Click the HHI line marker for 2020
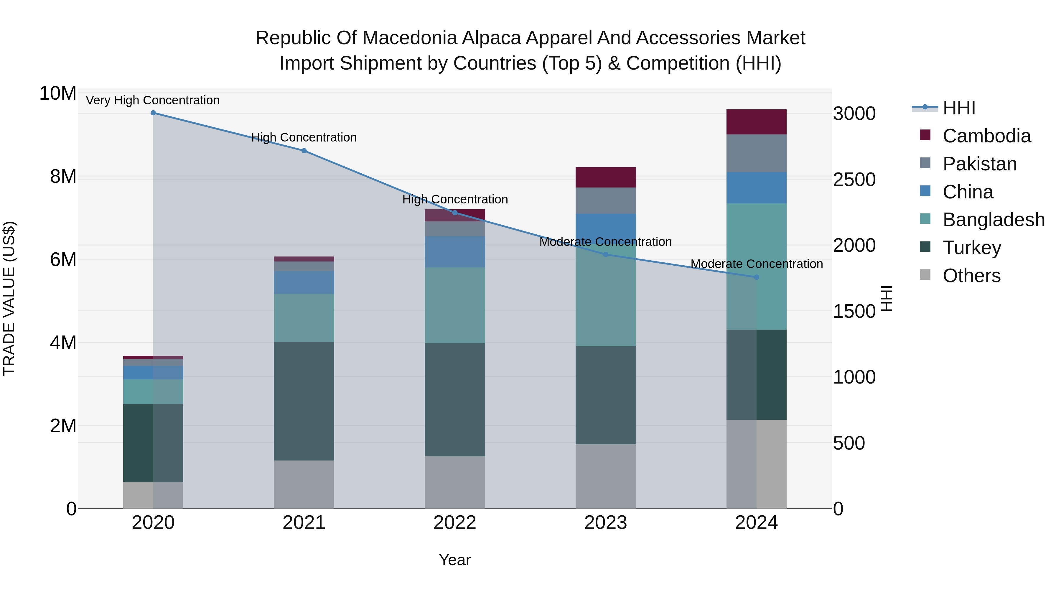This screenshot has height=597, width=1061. (153, 113)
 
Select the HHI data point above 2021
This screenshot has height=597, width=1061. (304, 151)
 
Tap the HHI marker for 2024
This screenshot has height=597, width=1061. (756, 277)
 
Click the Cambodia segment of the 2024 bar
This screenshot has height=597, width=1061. (756, 122)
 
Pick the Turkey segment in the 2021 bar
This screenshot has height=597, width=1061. (304, 401)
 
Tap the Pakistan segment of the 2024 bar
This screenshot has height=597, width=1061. (756, 153)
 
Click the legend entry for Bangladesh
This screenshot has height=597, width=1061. (994, 220)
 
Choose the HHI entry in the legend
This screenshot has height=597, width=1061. (959, 108)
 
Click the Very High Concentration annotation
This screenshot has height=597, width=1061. (153, 101)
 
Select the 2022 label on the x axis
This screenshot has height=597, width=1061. (455, 523)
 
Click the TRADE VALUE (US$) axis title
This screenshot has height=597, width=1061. (9, 298)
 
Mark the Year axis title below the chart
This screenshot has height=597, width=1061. (455, 560)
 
